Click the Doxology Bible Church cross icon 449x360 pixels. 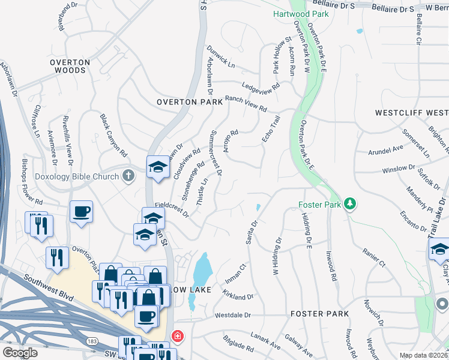(x=127, y=176)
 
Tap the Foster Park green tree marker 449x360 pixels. (x=349, y=205)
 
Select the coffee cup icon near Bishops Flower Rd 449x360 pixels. (x=81, y=211)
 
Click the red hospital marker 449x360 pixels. (x=178, y=337)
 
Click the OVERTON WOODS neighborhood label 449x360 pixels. (x=70, y=66)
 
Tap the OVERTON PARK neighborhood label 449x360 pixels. (x=190, y=102)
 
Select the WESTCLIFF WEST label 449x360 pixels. (x=411, y=112)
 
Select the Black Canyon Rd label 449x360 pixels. (x=114, y=135)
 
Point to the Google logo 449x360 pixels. (x=20, y=353)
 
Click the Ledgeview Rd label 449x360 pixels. (x=261, y=87)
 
